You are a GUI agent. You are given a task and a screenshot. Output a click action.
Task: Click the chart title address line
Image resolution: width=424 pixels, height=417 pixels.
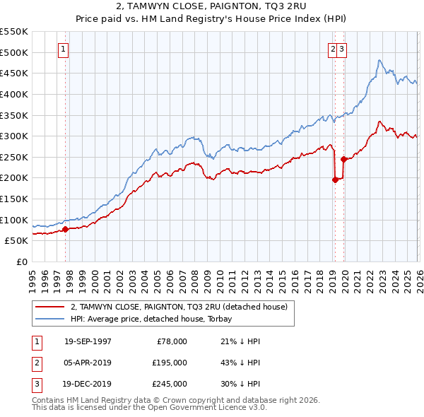tap(211, 7)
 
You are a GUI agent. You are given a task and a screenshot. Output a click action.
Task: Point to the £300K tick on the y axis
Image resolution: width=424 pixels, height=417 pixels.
tap(14, 136)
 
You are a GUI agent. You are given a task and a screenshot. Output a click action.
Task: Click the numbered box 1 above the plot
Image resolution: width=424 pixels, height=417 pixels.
tap(64, 49)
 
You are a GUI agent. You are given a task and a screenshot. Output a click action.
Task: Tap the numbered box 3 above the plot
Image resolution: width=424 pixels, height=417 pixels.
tap(341, 49)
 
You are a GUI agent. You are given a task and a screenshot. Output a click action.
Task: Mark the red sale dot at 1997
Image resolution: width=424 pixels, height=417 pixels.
tap(66, 229)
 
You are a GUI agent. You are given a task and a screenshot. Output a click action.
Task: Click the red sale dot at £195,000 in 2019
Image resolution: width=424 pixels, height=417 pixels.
tap(335, 180)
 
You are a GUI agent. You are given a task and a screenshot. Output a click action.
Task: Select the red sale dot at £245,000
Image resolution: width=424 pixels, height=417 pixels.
tap(344, 159)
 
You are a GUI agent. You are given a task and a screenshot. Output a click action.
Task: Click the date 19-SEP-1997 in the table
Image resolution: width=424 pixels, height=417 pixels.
tap(88, 341)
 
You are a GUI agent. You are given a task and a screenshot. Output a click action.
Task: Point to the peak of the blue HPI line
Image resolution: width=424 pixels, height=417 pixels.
tap(379, 60)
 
